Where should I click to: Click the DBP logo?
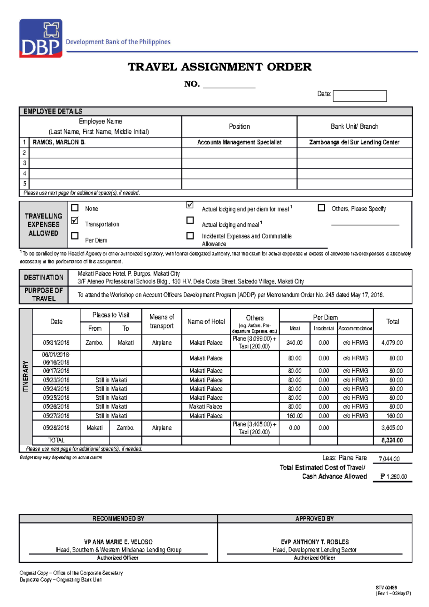[41, 38]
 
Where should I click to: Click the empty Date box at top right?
[360, 96]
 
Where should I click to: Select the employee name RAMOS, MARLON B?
[59, 142]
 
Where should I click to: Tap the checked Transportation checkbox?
[75, 220]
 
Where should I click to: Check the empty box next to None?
[75, 208]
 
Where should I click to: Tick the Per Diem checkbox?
[75, 236]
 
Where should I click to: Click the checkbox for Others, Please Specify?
[321, 208]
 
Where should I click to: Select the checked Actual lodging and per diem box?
[190, 205]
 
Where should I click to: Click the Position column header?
[239, 127]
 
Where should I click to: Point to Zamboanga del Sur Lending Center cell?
[354, 142]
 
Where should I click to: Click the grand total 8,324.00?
[392, 440]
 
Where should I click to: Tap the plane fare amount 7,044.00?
[389, 459]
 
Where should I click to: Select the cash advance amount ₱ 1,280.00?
[393, 477]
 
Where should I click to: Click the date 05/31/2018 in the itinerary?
[56, 342]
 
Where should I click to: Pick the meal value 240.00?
[294, 342]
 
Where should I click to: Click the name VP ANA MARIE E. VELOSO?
[118, 542]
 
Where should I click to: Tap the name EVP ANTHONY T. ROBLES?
[315, 542]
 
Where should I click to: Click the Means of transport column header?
[162, 321]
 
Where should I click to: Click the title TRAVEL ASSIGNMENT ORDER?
[220, 67]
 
